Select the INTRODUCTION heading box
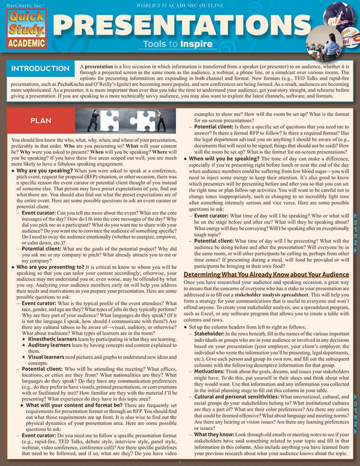41,69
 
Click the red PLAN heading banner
41,120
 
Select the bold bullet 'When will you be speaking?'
224,158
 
